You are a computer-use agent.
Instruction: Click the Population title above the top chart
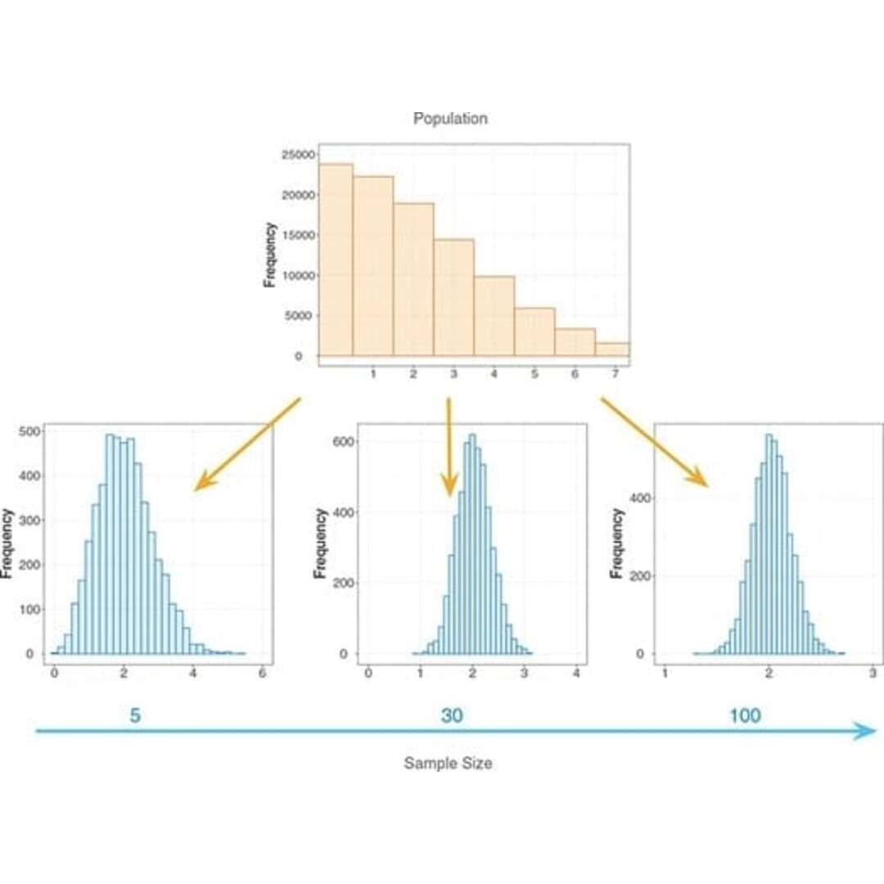tap(450, 119)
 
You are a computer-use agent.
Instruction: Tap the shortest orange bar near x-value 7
tap(611, 349)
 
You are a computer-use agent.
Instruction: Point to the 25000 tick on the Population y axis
tap(297, 155)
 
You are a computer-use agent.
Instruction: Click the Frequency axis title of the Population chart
tap(270, 255)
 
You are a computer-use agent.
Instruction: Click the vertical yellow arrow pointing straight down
tap(449, 446)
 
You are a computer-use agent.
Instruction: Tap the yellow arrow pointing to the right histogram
tap(654, 442)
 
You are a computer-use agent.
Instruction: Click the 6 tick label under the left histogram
tap(262, 673)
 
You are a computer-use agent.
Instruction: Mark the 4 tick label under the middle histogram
tap(577, 673)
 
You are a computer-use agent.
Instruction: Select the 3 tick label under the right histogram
tap(873, 673)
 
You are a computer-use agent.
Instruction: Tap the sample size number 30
tap(452, 715)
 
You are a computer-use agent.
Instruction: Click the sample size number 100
tap(745, 715)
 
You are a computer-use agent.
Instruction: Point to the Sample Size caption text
tap(448, 763)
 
